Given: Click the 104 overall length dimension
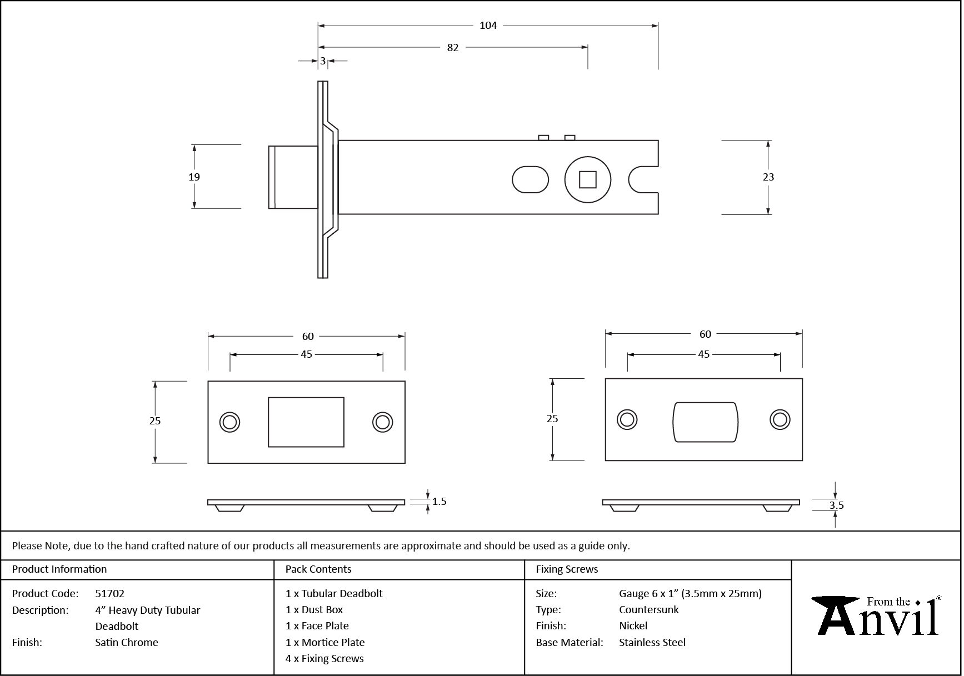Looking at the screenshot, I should pos(488,26).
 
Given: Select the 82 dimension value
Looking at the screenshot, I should pos(453,48).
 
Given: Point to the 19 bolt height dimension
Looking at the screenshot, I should pos(194,177).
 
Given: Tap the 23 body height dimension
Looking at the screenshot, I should pos(768,177).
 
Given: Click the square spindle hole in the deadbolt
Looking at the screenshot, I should pos(587,180).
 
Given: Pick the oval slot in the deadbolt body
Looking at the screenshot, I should pos(530,179).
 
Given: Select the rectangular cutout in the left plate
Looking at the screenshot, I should pos(306,422).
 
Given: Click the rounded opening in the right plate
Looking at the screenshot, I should pos(705,422).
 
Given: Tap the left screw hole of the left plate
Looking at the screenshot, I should pos(229,422).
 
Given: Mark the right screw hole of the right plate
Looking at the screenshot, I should pos(780,420).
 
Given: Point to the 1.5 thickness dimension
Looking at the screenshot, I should pos(439,502).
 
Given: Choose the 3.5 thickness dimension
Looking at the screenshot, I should pos(836,505).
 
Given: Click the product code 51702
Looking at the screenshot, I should pos(110,593).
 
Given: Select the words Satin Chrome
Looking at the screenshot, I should pos(127,642).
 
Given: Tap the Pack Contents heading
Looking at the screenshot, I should pos(318,569).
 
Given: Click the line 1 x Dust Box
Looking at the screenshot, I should pos(314,609).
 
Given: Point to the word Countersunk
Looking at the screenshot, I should pos(649,609).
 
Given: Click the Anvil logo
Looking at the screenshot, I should pos(876,616).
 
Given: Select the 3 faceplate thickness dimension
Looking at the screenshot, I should pos(322,61).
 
